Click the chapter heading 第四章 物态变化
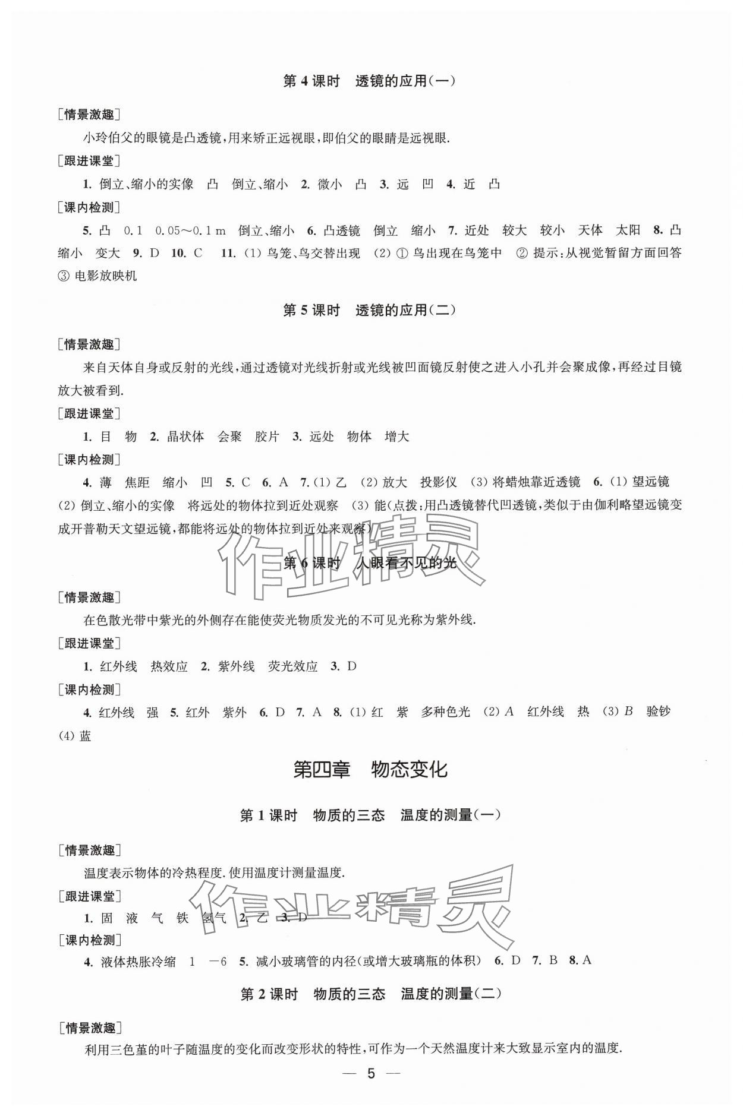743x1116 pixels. click(x=370, y=770)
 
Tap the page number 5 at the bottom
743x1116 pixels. click(x=371, y=1090)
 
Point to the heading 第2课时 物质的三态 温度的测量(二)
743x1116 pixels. click(x=370, y=994)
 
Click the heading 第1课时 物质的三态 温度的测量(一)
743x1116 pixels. click(x=370, y=815)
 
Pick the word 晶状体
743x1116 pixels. click(x=185, y=437)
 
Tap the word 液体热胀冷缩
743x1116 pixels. click(x=138, y=962)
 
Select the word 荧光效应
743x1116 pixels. click(x=293, y=666)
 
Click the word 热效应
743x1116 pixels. click(x=169, y=666)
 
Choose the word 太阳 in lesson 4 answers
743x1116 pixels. click(x=628, y=231)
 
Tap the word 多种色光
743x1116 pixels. click(x=445, y=712)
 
